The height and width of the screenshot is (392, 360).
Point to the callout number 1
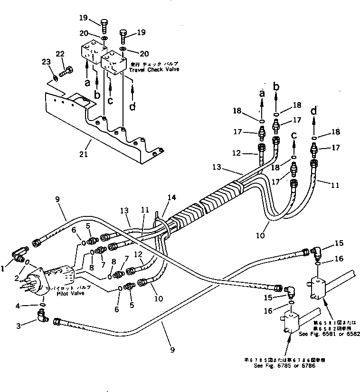pyautogui.click(x=3, y=268)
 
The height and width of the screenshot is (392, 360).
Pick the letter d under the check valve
pyautogui.click(x=133, y=107)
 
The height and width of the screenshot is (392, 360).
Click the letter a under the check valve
pyautogui.click(x=87, y=82)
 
